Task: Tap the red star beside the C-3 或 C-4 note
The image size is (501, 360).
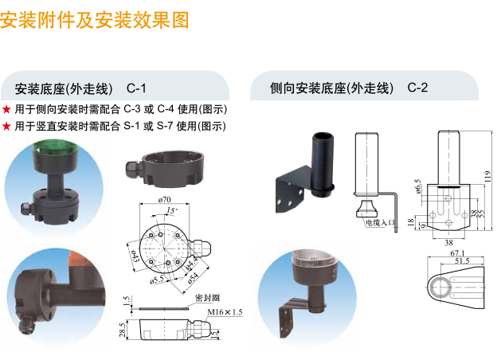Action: pos(6,109)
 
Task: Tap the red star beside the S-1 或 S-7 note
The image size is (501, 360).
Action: pos(6,126)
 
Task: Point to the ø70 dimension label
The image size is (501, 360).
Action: pos(166,198)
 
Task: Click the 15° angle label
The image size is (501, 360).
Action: pos(173,210)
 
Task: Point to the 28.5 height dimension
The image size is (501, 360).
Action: pos(123,328)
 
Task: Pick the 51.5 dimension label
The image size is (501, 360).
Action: pos(460,260)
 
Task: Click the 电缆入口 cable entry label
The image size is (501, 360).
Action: pos(380,224)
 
